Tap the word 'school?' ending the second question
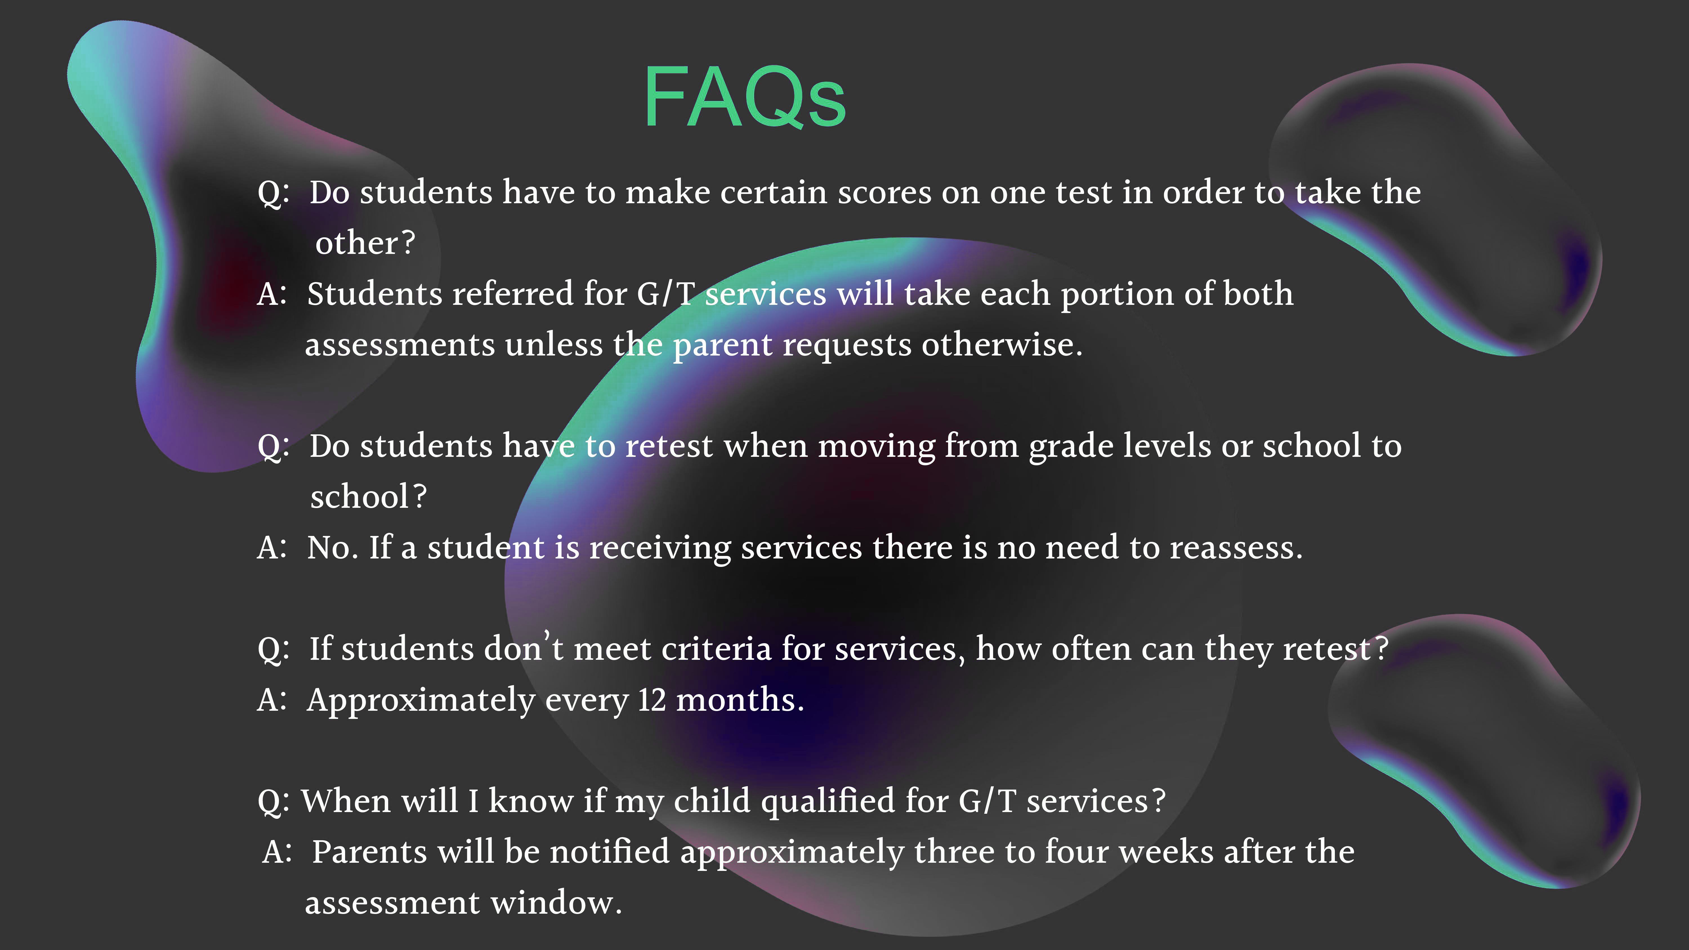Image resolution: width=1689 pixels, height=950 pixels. (368, 496)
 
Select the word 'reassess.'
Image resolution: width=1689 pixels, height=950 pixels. (1236, 547)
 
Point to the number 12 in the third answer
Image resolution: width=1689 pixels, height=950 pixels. (652, 699)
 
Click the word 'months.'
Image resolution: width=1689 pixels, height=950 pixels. (740, 699)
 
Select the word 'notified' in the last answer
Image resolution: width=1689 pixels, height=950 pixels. (609, 852)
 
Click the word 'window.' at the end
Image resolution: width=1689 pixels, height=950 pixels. (556, 903)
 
